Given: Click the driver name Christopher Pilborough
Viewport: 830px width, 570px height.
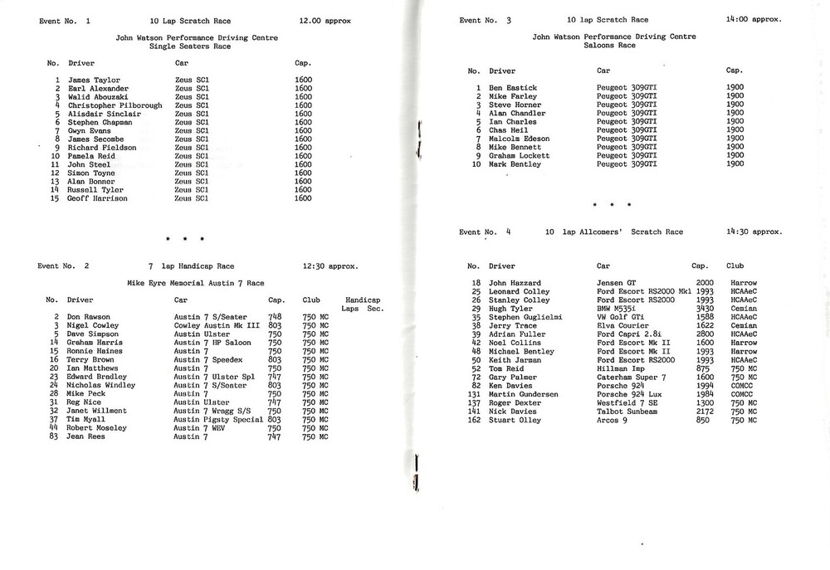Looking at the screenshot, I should [x=115, y=105].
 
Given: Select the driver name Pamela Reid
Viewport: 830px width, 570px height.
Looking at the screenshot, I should [x=91, y=156].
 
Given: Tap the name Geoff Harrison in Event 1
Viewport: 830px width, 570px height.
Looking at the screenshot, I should [x=97, y=198].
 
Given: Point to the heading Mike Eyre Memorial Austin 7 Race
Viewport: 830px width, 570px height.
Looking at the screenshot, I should [x=195, y=283].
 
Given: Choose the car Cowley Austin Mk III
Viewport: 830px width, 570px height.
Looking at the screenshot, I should [x=217, y=325].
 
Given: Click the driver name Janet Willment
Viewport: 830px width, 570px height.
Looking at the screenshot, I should [x=97, y=410].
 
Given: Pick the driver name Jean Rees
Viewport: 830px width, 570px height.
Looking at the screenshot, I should [x=86, y=436].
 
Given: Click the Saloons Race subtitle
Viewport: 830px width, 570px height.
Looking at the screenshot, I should [x=614, y=46].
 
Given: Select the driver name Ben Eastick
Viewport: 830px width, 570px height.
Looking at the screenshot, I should [x=513, y=87].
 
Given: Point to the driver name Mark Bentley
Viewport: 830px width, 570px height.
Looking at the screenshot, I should [x=515, y=164].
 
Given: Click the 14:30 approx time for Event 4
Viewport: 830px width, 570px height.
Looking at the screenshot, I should [x=753, y=232].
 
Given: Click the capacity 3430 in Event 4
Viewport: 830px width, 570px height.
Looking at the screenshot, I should [x=703, y=309].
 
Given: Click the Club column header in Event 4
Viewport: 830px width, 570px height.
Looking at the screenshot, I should [x=735, y=266].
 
